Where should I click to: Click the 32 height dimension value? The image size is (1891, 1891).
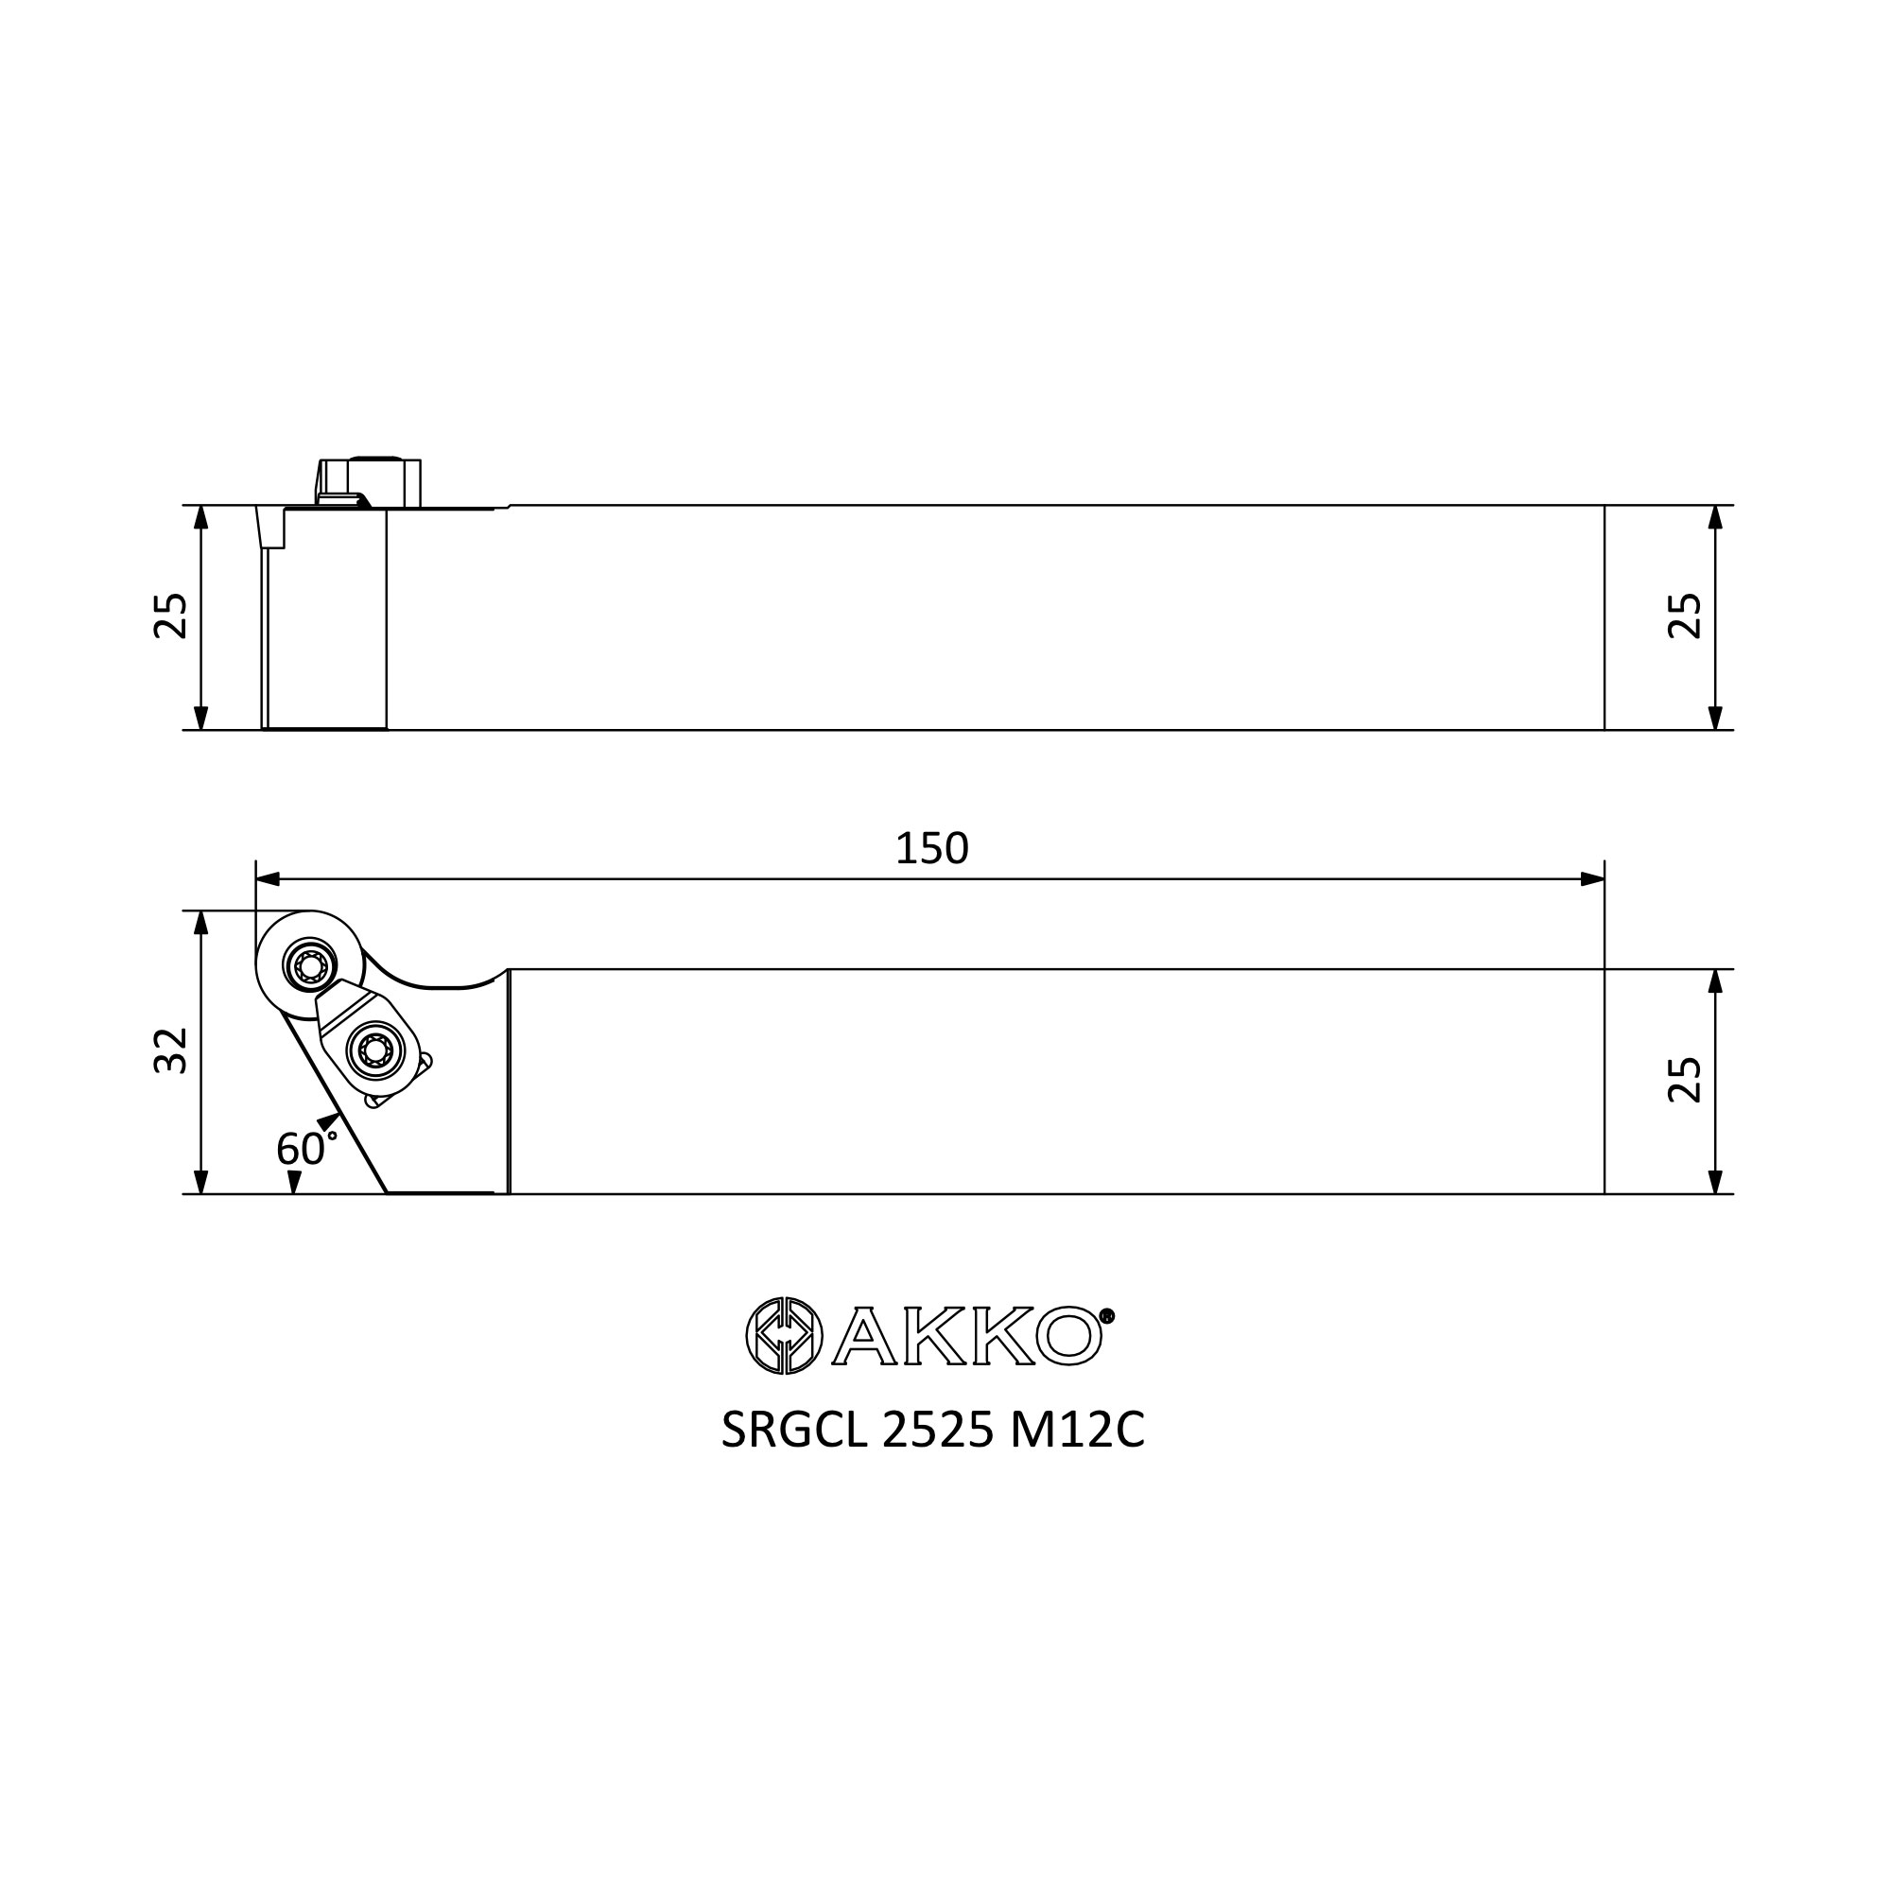point(171,1051)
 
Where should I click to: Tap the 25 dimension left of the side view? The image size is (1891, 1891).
point(171,616)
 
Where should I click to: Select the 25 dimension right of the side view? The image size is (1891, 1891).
point(1685,616)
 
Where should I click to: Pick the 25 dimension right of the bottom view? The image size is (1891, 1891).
point(1685,1081)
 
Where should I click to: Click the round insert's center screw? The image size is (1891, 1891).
point(311,967)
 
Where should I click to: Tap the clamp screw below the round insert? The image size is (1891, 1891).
point(376,1051)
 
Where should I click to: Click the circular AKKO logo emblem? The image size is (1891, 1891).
point(784,1336)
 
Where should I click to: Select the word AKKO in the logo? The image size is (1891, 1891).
point(967,1336)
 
